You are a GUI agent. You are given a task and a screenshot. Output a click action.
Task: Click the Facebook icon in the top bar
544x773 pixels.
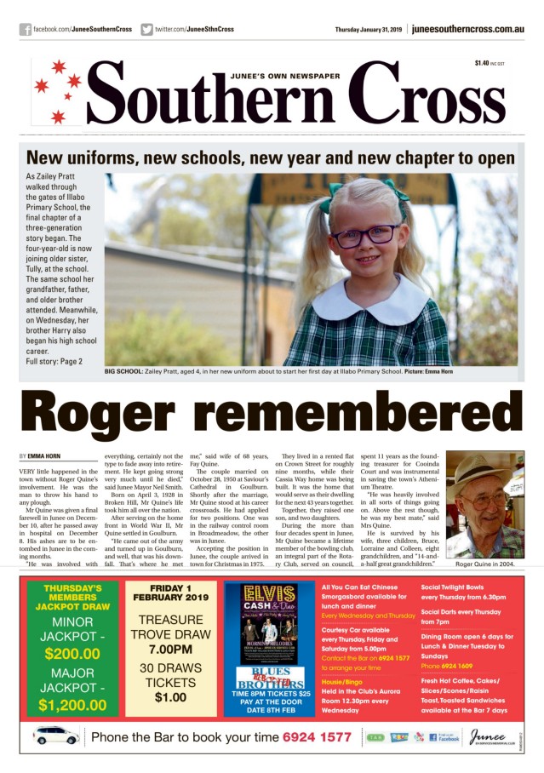(x=26, y=30)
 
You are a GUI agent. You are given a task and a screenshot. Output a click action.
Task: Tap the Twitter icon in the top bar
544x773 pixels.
(x=147, y=30)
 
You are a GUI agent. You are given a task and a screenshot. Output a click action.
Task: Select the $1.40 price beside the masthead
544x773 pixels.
(x=482, y=64)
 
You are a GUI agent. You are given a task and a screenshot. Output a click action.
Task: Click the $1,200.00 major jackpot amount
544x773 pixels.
(x=72, y=705)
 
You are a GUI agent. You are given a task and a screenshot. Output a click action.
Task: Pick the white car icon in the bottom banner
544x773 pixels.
(x=56, y=736)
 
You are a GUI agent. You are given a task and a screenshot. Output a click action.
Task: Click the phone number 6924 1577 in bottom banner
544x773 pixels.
(x=317, y=737)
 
